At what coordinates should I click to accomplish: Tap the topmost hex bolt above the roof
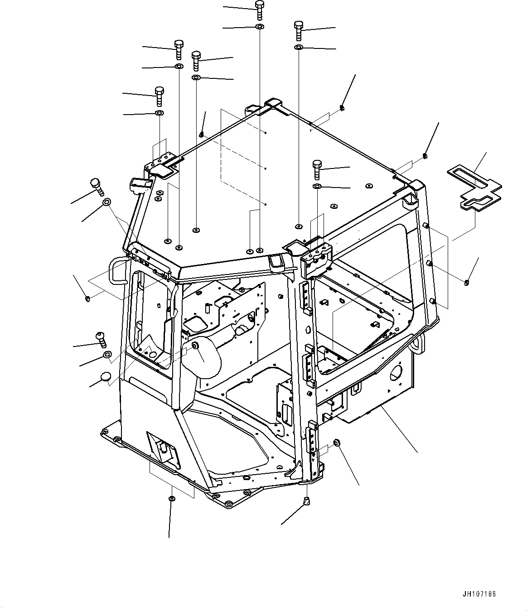pyautogui.click(x=259, y=10)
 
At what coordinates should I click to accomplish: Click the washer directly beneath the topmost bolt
pyautogui.click(x=259, y=28)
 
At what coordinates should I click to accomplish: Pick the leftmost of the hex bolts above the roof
pyautogui.click(x=160, y=96)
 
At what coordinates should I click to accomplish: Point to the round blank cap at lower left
pyautogui.click(x=105, y=376)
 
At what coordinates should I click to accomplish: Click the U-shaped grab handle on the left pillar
pyautogui.click(x=116, y=271)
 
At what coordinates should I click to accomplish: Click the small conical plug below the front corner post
pyautogui.click(x=307, y=500)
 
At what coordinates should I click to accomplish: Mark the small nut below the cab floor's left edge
pyautogui.click(x=172, y=499)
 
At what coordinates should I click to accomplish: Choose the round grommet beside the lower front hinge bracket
pyautogui.click(x=337, y=443)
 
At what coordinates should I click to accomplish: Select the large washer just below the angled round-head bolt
pyautogui.click(x=107, y=202)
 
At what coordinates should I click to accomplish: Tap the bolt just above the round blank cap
pyautogui.click(x=100, y=338)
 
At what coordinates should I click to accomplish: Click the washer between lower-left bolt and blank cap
pyautogui.click(x=106, y=354)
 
